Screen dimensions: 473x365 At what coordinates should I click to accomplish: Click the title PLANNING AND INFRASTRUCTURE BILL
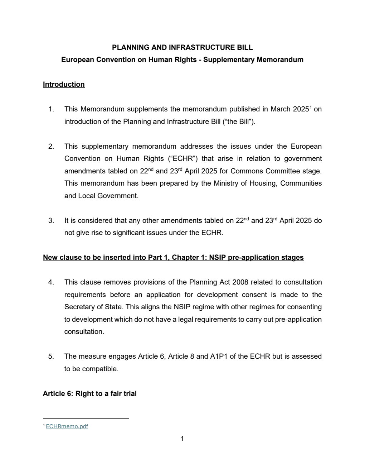pos(182,47)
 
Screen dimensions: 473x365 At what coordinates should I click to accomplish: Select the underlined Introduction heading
pos(64,85)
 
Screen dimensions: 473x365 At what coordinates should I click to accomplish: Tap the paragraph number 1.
pos(51,109)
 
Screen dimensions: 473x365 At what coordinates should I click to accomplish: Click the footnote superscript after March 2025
pos(311,107)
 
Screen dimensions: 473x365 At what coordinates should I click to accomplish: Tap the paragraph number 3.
pos(51,221)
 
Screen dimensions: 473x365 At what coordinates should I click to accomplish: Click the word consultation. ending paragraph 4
pos(84,332)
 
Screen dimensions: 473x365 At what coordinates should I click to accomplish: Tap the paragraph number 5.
pos(51,357)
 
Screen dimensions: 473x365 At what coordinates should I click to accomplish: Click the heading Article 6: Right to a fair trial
pos(89,394)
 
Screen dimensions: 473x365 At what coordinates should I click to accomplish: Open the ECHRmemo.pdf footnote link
pos(67,426)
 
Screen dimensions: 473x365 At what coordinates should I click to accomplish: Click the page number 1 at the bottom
pos(182,439)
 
